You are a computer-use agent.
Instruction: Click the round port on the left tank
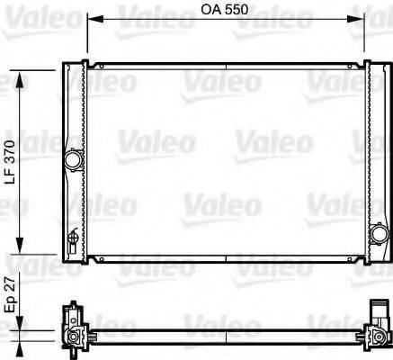tap(72, 159)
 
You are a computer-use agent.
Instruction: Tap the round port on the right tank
tap(375, 236)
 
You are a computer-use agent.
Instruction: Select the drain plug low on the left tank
tap(73, 238)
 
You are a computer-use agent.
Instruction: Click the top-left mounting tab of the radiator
tap(85, 63)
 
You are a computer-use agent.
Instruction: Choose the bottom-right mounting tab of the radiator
tap(363, 262)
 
